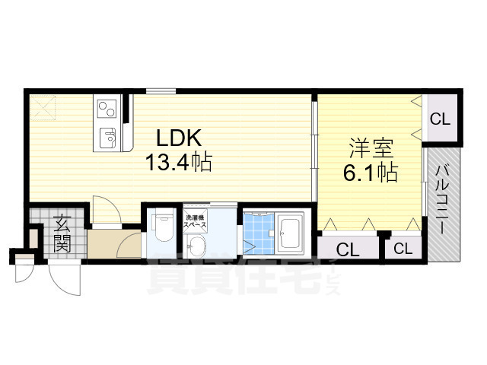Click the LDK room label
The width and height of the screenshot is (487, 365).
coord(178,138)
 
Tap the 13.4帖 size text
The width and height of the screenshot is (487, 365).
coord(180,161)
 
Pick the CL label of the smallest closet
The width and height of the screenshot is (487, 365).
coord(403,248)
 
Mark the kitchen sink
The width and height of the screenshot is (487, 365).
coord(107,138)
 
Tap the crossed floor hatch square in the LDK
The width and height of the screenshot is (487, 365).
coord(43,107)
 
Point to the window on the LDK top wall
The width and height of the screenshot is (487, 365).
coord(161,91)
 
